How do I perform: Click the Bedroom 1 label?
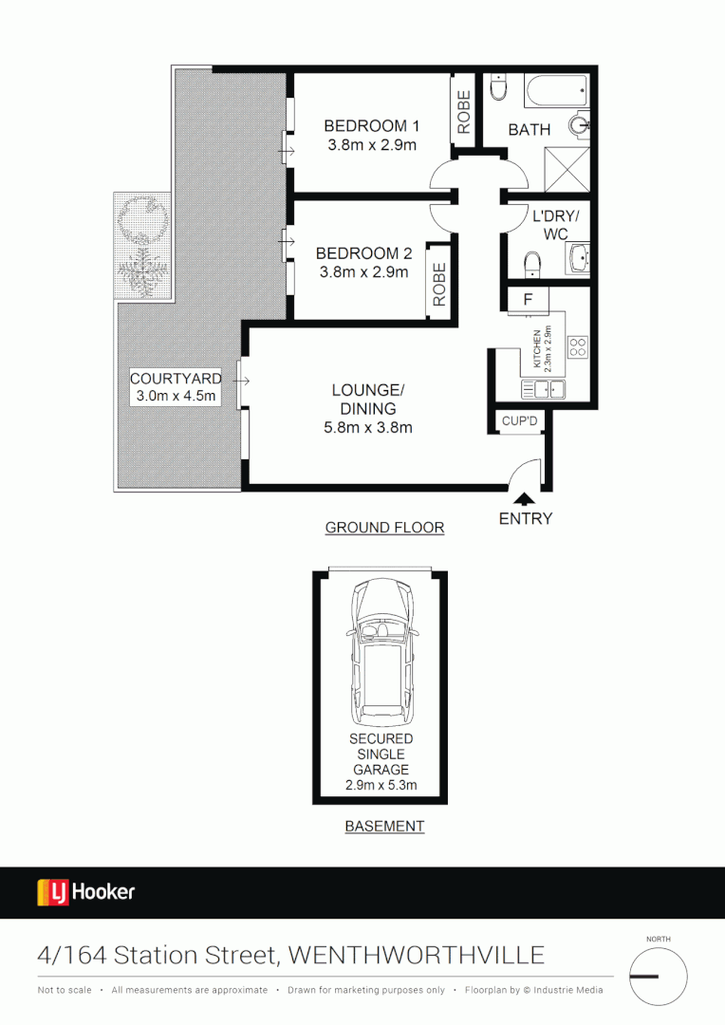[372, 126]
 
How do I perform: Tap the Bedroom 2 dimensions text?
[362, 272]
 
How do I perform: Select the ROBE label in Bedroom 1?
[464, 111]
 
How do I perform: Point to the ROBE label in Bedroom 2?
[439, 283]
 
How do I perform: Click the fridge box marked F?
[528, 299]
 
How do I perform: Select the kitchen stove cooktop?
[577, 346]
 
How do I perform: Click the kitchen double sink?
[543, 388]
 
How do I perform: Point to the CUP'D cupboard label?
[519, 420]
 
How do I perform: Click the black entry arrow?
[523, 496]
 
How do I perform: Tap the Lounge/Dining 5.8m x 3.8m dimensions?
[367, 427]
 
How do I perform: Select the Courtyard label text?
[176, 379]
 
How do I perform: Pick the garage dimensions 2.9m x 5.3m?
[381, 785]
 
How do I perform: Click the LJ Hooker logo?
[86, 892]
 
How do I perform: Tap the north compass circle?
[658, 978]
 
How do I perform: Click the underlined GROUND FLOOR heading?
[384, 528]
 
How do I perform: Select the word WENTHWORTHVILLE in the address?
[417, 954]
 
